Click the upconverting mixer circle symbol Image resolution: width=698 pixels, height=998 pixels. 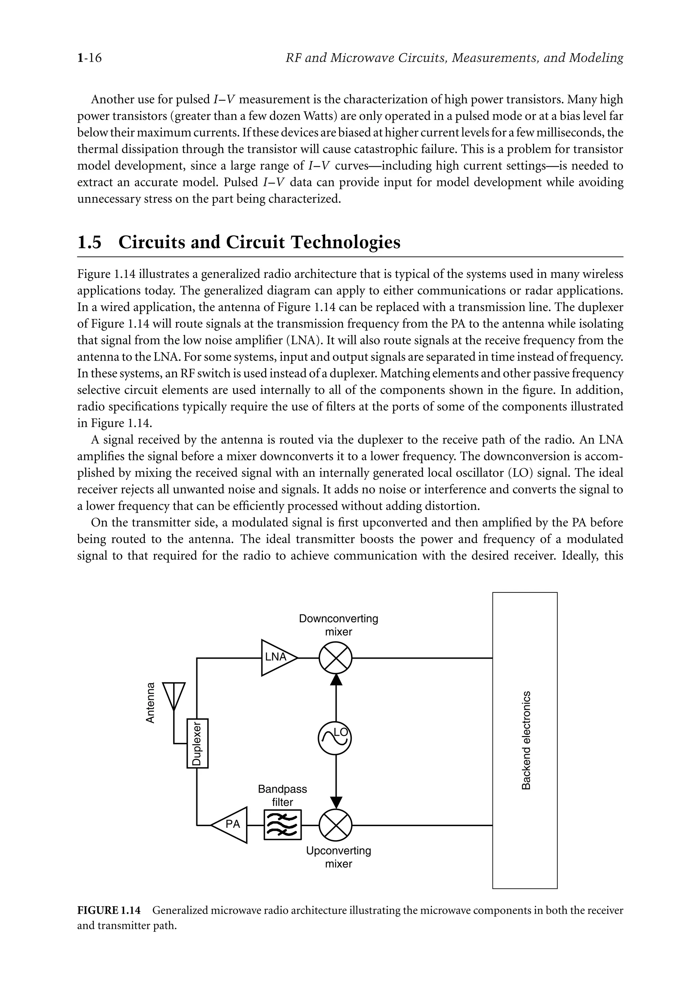(335, 825)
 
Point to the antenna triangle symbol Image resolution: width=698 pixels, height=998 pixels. (174, 694)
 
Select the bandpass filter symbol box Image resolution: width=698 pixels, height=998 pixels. (282, 825)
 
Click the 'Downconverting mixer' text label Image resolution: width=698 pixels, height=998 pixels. (338, 625)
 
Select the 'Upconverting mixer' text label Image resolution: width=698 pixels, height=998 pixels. (338, 857)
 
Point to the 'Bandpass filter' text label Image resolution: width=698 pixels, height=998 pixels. (282, 795)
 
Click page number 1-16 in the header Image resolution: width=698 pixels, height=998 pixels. (90, 58)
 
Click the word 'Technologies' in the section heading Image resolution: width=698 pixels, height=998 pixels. (345, 242)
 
